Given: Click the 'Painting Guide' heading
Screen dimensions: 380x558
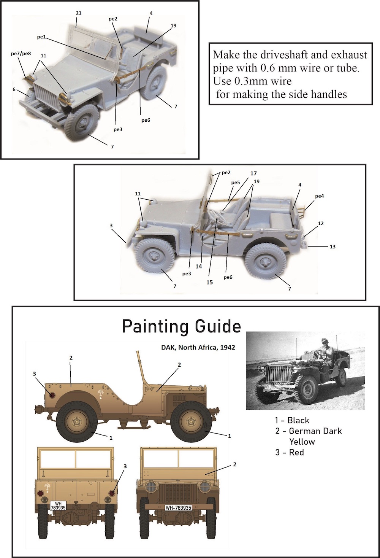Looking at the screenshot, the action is (181, 327).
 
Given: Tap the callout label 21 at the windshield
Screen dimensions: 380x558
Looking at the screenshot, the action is (78, 13).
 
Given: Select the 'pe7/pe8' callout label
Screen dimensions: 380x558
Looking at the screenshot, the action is (21, 53).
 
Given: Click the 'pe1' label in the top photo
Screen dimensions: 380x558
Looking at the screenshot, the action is (41, 37).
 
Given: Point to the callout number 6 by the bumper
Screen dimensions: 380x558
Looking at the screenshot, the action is (14, 89).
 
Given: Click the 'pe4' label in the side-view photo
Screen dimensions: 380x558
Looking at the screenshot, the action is (320, 196).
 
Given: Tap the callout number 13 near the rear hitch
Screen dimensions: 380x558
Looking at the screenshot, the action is (332, 246).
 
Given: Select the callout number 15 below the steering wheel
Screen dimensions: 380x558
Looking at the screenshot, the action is (209, 282).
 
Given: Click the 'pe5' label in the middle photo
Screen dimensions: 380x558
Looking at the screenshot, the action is (236, 183).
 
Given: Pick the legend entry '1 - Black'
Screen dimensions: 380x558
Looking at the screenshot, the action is (292, 420).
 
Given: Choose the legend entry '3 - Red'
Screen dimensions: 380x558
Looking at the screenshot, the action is (290, 452).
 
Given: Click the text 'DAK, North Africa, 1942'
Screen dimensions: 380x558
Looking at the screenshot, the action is (198, 347).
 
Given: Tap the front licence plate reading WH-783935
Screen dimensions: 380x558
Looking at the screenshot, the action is (179, 506).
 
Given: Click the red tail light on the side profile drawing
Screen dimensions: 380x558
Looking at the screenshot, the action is (52, 395).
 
